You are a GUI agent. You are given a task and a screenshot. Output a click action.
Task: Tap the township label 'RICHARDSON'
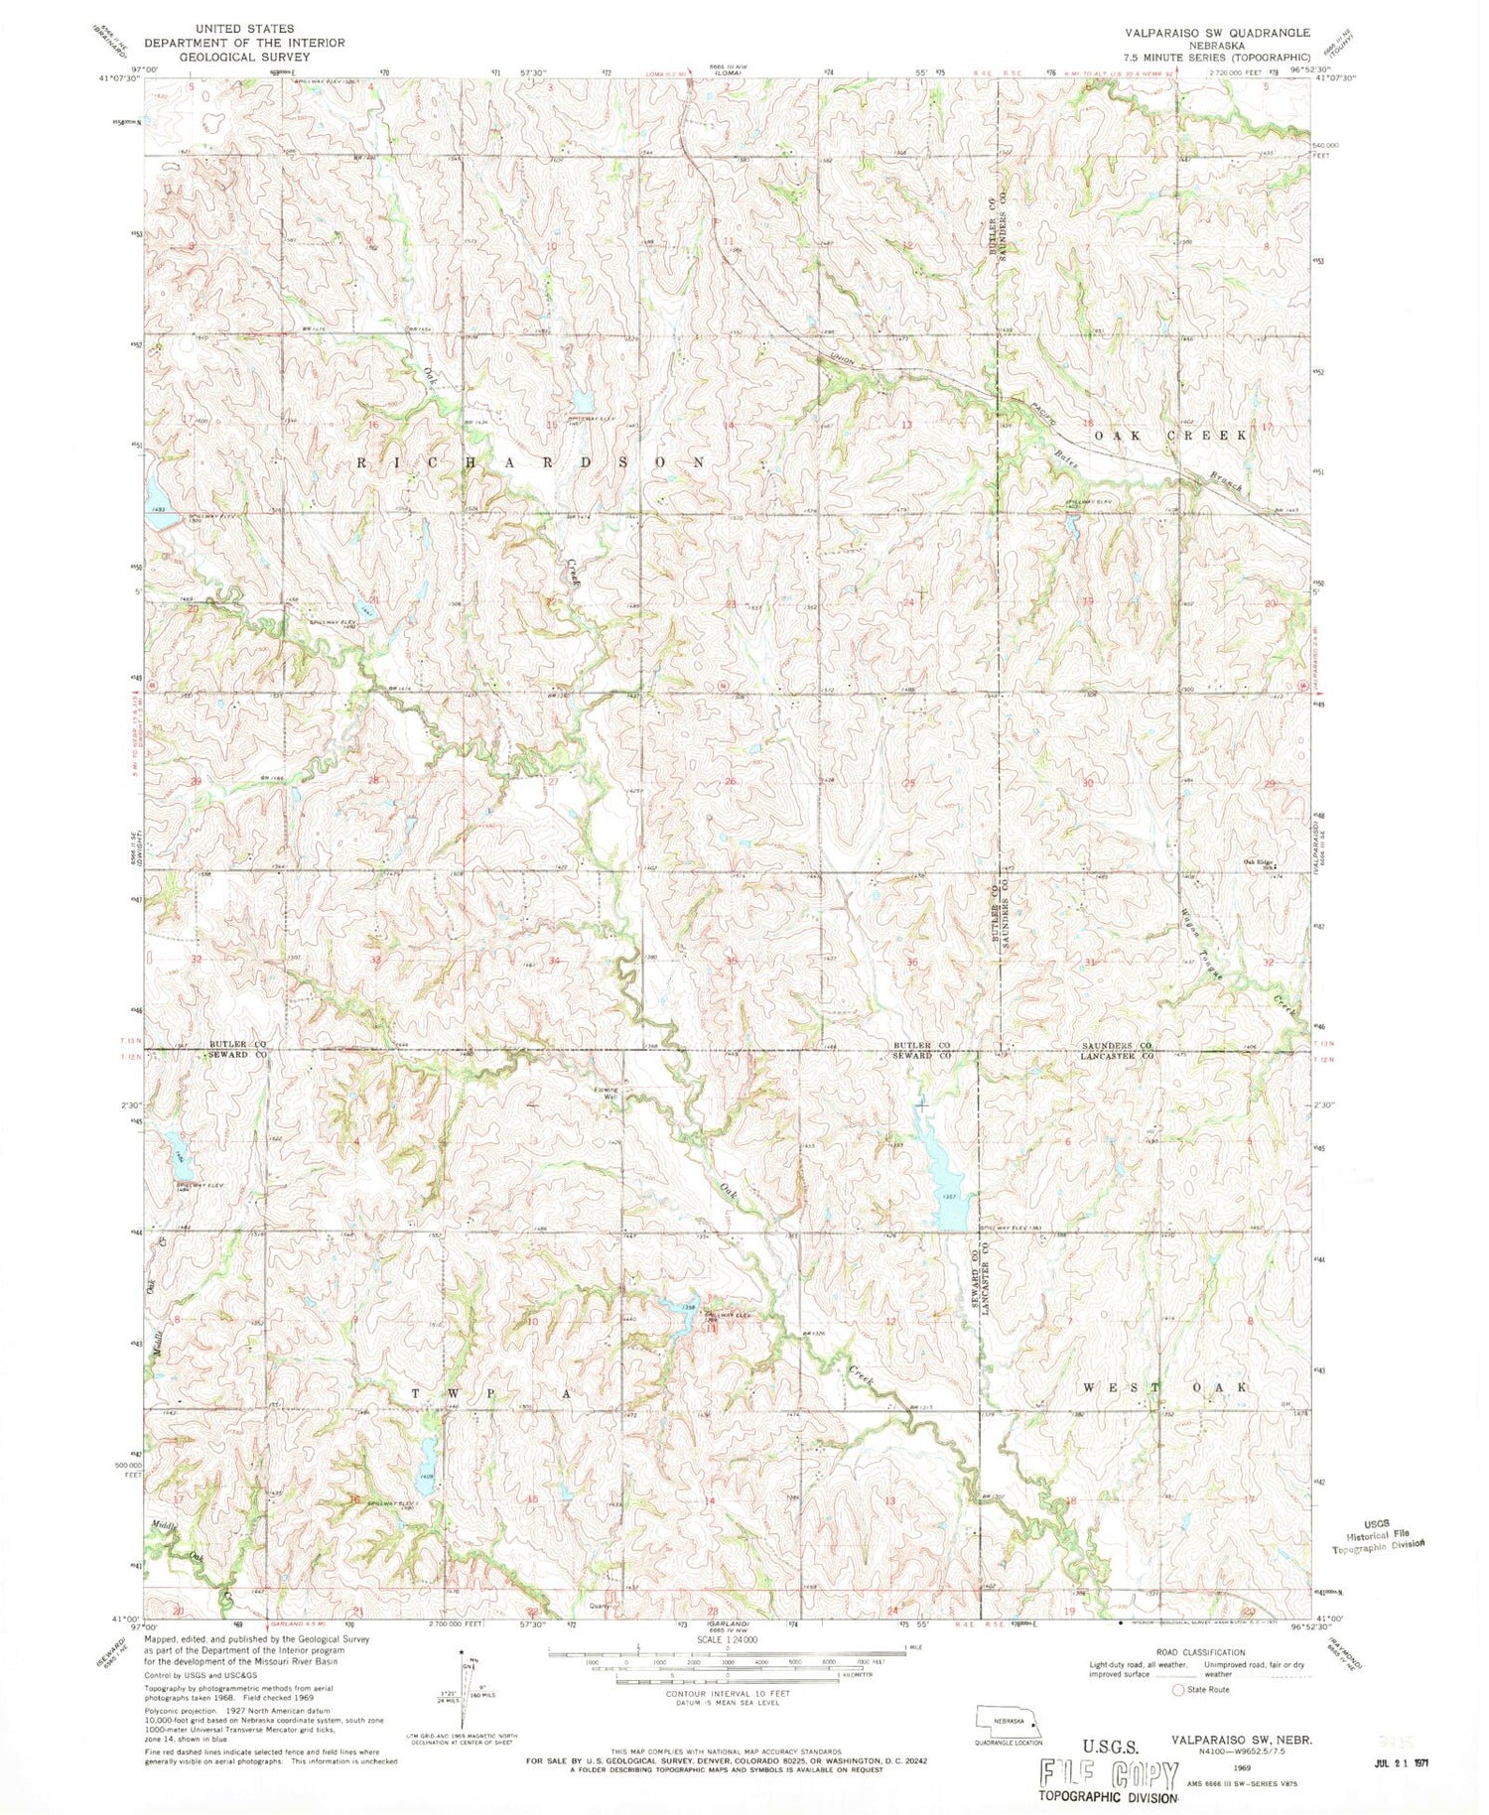[533, 462]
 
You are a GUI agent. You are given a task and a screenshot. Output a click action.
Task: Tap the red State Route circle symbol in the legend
[1179, 1690]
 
